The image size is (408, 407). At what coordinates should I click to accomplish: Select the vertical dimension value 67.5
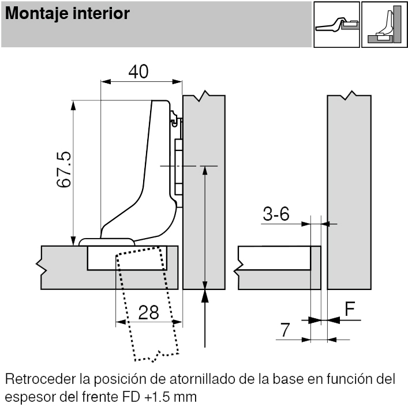coord(63,169)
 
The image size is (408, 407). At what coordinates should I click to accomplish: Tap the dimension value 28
coord(149,312)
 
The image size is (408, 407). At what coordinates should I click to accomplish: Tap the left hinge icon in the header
coord(336,24)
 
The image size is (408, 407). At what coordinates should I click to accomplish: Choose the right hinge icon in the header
coord(384,24)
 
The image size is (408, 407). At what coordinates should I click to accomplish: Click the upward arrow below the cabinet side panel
coord(205,317)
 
